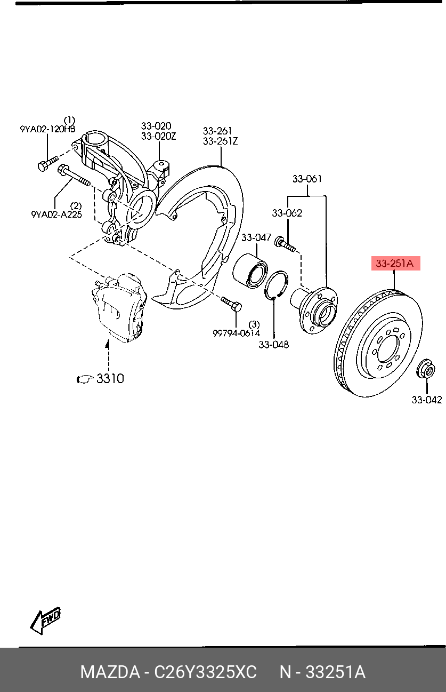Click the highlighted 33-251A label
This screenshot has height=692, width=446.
tap(395, 263)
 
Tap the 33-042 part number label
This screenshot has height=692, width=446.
tap(426, 400)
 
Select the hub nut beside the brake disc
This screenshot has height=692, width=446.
tap(425, 369)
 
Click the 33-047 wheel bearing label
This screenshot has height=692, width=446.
tap(256, 237)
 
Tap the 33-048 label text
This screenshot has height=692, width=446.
tap(273, 345)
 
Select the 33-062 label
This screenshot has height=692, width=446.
tap(287, 213)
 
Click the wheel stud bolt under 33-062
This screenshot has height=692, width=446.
tap(285, 245)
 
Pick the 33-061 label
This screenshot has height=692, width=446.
tap(307, 179)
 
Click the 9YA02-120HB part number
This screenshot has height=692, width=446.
tap(47, 129)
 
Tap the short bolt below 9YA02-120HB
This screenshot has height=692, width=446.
tap(47, 163)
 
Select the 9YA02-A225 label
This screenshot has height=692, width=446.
tap(56, 214)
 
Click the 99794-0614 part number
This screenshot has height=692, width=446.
tap(236, 333)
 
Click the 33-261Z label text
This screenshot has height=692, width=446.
tap(220, 141)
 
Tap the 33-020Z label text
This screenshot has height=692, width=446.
tap(158, 136)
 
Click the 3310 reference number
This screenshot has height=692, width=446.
tap(110, 378)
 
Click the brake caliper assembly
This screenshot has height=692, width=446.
tap(119, 309)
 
